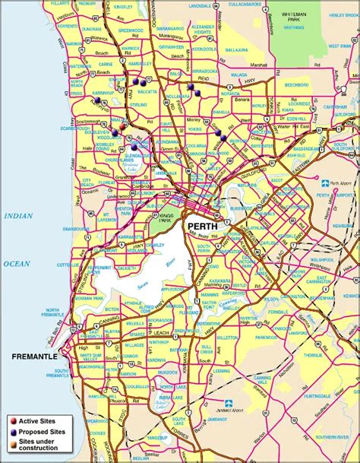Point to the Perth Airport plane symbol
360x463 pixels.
point(325,183)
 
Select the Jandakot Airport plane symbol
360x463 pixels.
point(229,402)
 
